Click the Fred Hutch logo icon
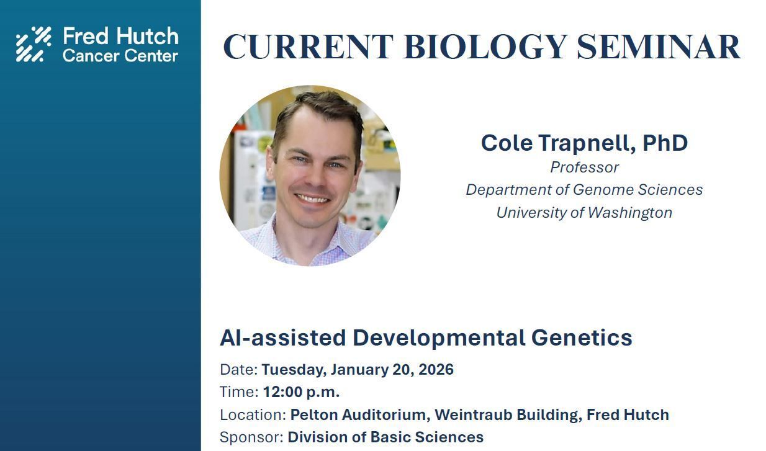[34, 44]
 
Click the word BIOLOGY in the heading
[485, 47]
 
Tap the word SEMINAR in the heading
[658, 47]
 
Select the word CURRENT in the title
[308, 47]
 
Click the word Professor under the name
[584, 167]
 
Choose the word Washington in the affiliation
[630, 213]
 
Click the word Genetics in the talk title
[582, 338]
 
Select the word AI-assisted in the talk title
[283, 338]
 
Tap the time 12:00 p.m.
[301, 392]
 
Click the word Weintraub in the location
[473, 415]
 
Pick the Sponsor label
[251, 438]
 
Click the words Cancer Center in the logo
[120, 56]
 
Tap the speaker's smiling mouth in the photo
[311, 199]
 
